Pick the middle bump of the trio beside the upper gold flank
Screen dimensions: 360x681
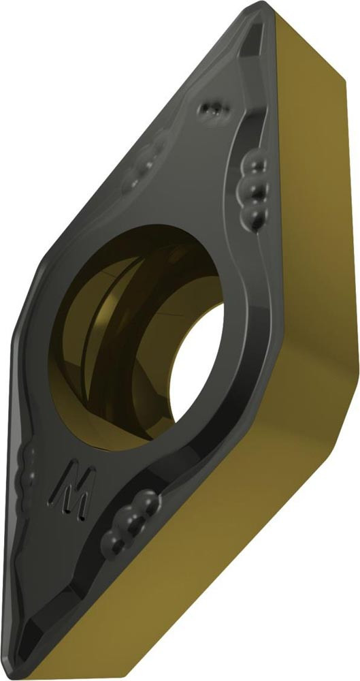pyautogui.click(x=254, y=189)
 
